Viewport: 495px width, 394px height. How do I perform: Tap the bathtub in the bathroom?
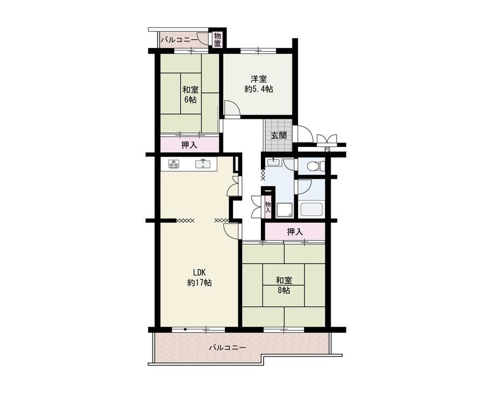tap(312, 209)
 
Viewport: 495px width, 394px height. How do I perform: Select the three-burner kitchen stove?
tap(174, 164)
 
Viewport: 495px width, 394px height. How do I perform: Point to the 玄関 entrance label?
tap(279, 136)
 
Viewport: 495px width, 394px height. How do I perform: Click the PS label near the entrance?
tap(327, 150)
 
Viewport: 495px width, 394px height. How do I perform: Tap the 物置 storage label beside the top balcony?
tap(217, 40)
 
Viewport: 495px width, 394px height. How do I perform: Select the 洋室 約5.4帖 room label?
tap(259, 83)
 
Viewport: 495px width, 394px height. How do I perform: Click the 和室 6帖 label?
tap(190, 94)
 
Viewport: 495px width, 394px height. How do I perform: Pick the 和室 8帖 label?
tap(284, 285)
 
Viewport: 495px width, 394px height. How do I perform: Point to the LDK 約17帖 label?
tap(200, 277)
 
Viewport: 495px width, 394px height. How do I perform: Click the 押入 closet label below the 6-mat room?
tap(189, 145)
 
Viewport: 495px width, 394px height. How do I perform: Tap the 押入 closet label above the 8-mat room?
tap(295, 232)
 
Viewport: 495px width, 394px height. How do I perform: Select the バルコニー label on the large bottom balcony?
tap(228, 348)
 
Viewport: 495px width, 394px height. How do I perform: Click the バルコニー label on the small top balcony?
tap(179, 40)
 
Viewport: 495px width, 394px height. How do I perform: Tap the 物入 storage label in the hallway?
tap(268, 207)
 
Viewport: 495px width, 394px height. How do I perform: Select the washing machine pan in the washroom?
tap(285, 210)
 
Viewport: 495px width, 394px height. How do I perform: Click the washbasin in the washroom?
tap(273, 163)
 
